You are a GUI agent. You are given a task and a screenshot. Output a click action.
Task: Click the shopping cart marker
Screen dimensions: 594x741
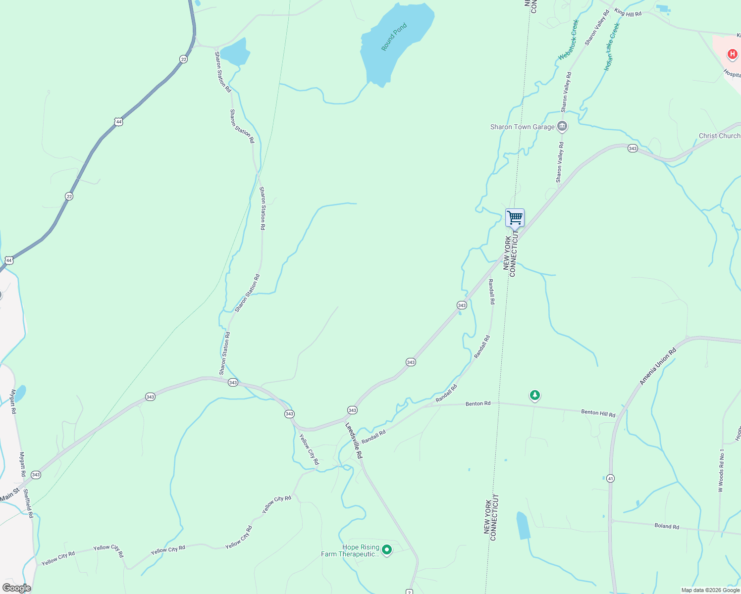[515, 217]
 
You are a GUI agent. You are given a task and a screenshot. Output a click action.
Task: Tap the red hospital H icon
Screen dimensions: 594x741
[732, 54]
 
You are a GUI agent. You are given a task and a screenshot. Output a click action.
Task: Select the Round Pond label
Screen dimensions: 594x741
[394, 37]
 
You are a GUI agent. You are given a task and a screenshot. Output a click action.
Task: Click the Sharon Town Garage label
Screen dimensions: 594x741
[522, 127]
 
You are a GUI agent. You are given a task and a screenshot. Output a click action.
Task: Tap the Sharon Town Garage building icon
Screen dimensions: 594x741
[562, 127]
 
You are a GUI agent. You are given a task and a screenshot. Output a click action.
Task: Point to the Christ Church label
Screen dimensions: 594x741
[719, 136]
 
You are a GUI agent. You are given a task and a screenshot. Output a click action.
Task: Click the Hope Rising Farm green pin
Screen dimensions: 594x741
[387, 549]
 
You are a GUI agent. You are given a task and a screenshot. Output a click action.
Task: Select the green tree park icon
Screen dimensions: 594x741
[534, 395]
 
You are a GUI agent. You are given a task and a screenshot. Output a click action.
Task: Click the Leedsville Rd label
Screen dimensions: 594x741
[354, 441]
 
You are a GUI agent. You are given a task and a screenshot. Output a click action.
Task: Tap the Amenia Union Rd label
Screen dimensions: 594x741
[658, 367]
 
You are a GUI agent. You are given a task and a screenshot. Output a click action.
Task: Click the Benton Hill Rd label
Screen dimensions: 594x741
[598, 413]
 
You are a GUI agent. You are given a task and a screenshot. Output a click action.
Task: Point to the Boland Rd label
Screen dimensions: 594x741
[666, 526]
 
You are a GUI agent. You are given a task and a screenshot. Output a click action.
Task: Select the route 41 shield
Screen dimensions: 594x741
[610, 478]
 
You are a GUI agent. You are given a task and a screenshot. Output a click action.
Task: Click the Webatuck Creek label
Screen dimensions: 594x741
[568, 40]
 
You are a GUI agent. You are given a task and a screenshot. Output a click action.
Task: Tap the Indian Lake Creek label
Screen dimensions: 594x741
[612, 47]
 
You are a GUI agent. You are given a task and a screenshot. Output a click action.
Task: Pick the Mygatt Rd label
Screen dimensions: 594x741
[13, 401]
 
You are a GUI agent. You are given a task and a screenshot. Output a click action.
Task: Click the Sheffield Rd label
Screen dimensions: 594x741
[28, 503]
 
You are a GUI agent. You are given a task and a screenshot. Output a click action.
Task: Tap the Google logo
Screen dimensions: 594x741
[16, 588]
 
